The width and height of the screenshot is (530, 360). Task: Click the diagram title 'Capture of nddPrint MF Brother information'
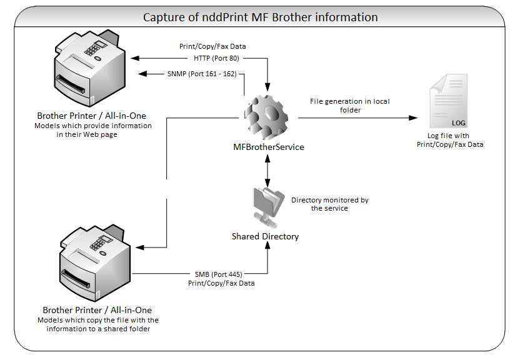(260, 17)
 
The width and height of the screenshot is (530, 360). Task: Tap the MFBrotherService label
(267, 147)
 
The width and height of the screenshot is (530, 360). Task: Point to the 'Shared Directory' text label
(265, 237)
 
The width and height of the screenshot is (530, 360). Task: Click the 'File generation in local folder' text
(349, 105)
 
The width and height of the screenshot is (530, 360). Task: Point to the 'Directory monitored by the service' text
(329, 204)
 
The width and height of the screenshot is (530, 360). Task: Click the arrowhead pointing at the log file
(413, 117)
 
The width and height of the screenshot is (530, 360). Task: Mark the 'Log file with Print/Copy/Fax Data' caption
(449, 140)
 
